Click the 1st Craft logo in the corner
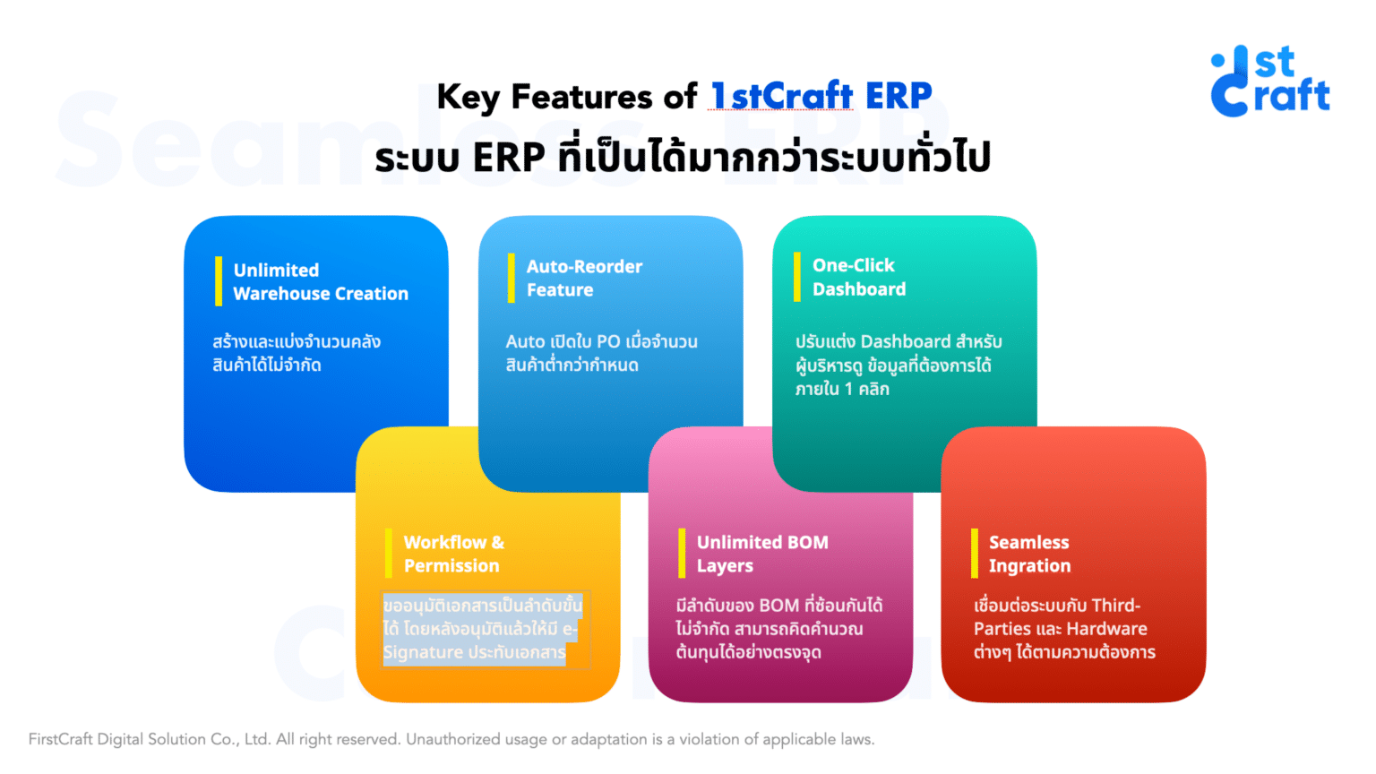coord(1269,82)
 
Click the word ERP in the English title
coord(898,96)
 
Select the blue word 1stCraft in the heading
coord(781,96)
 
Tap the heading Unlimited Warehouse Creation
coord(320,281)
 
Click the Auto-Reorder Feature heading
coord(583,278)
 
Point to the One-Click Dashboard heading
coord(858,277)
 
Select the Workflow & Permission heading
coord(452,554)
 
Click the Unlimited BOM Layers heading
coord(761,554)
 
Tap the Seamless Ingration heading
coord(1028,554)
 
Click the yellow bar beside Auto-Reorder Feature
coord(511,278)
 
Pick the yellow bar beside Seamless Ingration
coord(974,554)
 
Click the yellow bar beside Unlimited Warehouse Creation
coord(218,281)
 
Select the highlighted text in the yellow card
coord(482,629)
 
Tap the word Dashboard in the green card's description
coord(905,341)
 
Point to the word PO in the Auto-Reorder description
coord(607,341)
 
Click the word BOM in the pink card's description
coord(778,606)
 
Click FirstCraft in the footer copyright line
coord(60,739)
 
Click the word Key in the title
coord(469,97)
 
